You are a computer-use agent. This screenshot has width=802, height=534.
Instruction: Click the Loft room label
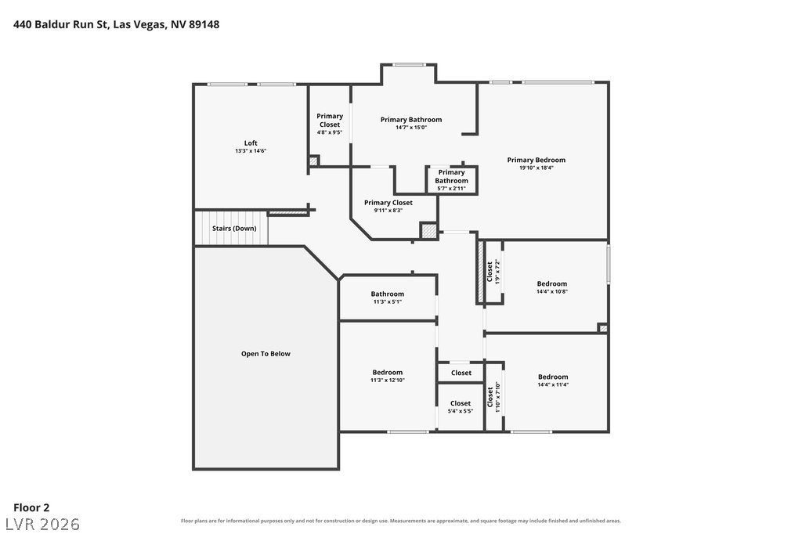tap(251, 143)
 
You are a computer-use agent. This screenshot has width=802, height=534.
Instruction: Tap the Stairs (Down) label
tap(234, 228)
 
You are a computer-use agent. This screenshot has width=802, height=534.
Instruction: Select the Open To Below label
tap(266, 353)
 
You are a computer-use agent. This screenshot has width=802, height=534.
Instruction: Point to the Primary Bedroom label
tap(536, 160)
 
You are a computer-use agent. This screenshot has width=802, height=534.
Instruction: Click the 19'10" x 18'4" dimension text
tap(536, 168)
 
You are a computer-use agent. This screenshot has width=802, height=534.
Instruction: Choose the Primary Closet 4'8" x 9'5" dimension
tap(330, 132)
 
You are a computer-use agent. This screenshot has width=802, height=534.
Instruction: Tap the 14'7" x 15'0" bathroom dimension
tap(410, 128)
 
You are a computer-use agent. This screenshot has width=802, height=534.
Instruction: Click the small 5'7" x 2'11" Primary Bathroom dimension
tap(451, 189)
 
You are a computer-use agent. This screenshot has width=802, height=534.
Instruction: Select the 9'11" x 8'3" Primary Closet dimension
tap(388, 210)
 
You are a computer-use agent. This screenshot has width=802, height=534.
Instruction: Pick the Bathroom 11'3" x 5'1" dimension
tap(387, 301)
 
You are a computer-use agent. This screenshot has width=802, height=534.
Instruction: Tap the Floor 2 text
tap(31, 507)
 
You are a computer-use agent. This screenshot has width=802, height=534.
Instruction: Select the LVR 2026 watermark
tap(43, 524)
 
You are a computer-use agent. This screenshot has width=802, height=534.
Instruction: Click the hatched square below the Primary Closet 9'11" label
tap(428, 231)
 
